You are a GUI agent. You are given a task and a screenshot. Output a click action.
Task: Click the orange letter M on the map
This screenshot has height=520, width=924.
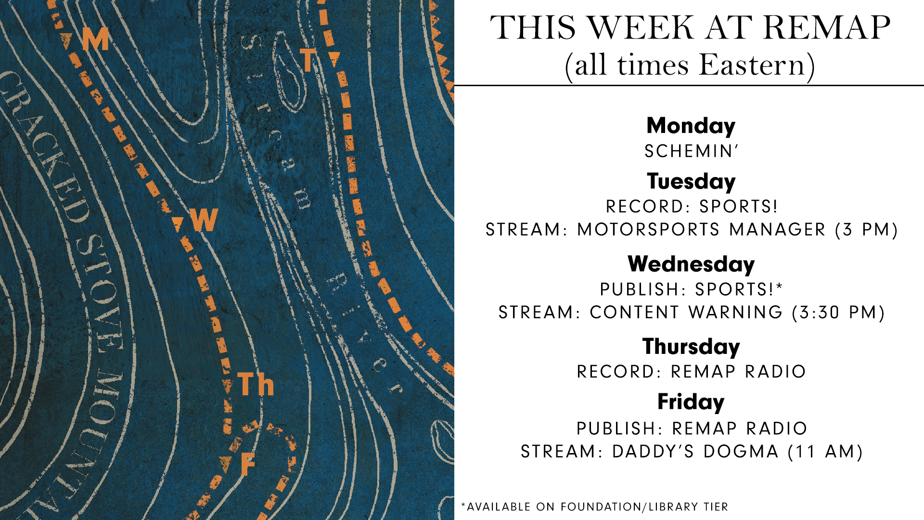95,39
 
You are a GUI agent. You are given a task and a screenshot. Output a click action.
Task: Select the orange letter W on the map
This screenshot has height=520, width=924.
204,220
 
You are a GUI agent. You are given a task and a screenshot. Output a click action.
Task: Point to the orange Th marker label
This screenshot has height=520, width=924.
256,384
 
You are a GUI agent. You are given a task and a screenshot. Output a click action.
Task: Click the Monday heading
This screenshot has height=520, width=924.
691,126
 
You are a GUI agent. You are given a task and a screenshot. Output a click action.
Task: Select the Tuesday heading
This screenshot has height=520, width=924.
691,182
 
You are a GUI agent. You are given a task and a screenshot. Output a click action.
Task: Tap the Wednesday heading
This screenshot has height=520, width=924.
691,264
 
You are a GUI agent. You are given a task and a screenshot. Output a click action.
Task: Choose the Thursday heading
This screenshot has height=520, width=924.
691,347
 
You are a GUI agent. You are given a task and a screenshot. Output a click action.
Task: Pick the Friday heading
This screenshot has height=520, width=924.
691,402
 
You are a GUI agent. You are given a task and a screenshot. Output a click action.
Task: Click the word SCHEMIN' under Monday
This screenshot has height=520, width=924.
691,151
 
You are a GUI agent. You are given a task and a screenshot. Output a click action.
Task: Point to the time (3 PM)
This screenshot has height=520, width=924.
867,230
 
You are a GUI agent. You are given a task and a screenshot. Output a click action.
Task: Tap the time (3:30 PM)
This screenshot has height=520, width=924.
838,312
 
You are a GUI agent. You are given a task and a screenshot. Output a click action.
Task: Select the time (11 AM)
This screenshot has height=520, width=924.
826,452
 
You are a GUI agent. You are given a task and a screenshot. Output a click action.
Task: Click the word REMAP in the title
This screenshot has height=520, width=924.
827,27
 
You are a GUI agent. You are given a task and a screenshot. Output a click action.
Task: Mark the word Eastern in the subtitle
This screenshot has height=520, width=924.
752,65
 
